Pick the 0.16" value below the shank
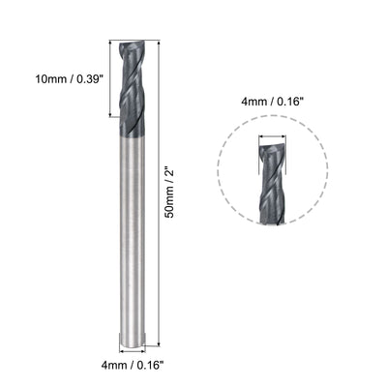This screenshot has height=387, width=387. pyautogui.click(x=148, y=366)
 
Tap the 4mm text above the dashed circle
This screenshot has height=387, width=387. pyautogui.click(x=251, y=97)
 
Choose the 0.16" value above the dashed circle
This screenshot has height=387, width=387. pyautogui.click(x=287, y=97)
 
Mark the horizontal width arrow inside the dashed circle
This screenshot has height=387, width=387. pyautogui.click(x=272, y=138)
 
